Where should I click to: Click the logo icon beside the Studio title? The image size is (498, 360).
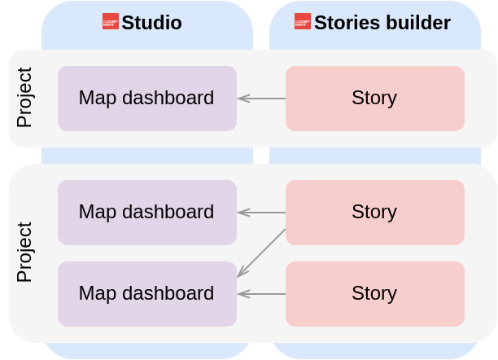[111, 22]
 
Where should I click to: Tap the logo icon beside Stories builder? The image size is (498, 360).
[303, 22]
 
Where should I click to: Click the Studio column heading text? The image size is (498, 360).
[152, 23]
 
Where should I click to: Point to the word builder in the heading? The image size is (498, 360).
[414, 23]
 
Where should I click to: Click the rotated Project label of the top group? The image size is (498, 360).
[24, 99]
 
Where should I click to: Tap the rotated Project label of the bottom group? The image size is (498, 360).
[24, 252]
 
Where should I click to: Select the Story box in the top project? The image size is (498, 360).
[374, 99]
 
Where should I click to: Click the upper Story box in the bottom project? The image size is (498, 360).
[374, 212]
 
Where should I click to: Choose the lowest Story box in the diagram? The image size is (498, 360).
[374, 293]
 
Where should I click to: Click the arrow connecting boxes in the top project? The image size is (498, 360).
[261, 99]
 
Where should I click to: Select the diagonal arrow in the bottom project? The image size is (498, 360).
[261, 253]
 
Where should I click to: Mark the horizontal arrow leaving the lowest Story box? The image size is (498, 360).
[261, 294]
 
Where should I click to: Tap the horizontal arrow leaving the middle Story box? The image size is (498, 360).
[261, 213]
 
